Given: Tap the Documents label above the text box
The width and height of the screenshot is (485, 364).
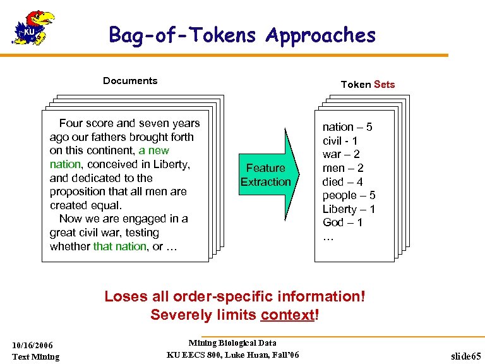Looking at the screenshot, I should (x=130, y=81).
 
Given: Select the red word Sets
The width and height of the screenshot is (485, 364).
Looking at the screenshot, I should (x=384, y=85).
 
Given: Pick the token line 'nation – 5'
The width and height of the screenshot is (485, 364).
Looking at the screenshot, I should (x=347, y=127).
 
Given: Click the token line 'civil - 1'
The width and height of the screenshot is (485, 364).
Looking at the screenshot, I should (x=340, y=141).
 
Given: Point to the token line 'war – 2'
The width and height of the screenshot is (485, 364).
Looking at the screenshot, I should (x=341, y=154).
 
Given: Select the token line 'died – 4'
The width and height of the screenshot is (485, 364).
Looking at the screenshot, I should (x=342, y=182).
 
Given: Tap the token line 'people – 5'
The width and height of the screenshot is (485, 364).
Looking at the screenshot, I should (x=349, y=195).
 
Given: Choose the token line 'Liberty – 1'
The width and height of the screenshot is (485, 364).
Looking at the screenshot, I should (x=349, y=209).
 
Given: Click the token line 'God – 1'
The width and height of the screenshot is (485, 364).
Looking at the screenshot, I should (x=342, y=222).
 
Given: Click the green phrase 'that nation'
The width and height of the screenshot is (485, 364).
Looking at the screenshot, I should (x=119, y=246).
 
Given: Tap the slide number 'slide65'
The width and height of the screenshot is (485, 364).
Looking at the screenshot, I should (x=466, y=356).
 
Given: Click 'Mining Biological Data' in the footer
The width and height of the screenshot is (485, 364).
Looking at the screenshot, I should (x=232, y=343).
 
